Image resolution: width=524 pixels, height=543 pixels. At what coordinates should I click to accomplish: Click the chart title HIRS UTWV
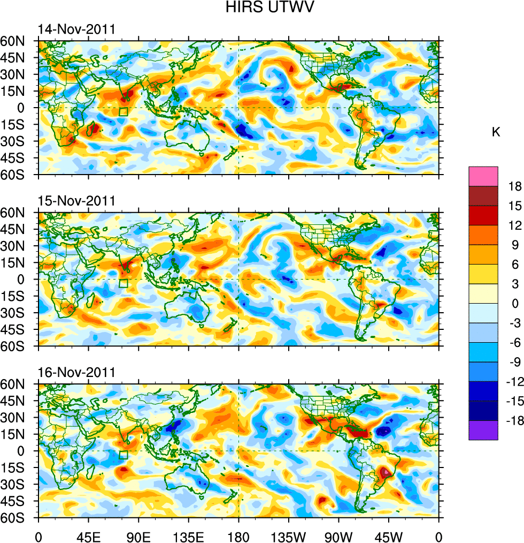(x=262, y=7)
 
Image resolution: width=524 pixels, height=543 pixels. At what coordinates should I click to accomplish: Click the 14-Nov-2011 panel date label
(x=76, y=29)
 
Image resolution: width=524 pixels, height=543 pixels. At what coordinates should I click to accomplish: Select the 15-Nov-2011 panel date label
(x=76, y=201)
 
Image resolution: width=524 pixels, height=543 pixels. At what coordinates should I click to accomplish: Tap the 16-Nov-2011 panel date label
(x=76, y=372)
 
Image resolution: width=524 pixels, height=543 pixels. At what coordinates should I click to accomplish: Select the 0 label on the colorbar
(x=512, y=304)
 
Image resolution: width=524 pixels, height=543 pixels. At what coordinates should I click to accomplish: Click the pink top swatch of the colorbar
(x=483, y=176)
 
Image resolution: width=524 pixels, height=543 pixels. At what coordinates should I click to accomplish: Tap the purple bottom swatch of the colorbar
(x=483, y=431)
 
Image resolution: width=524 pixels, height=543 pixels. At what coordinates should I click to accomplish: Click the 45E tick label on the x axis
(x=89, y=536)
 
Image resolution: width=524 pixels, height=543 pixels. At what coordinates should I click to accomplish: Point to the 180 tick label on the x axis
(x=238, y=536)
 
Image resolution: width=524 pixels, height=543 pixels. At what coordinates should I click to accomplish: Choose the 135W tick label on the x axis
(x=289, y=536)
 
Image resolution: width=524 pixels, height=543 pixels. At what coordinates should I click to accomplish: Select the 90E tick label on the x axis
(x=138, y=536)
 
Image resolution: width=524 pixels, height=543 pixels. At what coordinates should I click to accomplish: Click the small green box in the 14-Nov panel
(x=124, y=112)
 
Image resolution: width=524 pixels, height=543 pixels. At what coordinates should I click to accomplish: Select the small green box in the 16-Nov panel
(x=124, y=455)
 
